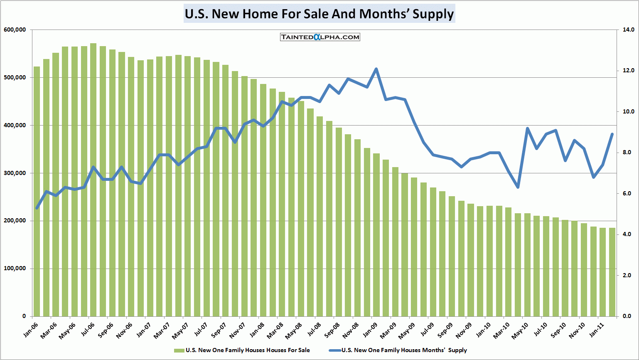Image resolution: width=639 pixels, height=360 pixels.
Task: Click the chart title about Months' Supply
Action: (319, 14)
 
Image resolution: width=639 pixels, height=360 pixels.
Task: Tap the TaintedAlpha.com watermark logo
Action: (320, 37)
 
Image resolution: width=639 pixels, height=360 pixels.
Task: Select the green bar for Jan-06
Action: (37, 191)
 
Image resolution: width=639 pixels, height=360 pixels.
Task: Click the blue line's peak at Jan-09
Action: (376, 69)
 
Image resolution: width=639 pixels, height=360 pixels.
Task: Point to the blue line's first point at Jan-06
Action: (37, 208)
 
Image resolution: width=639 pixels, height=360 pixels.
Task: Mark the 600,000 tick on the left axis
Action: (15, 30)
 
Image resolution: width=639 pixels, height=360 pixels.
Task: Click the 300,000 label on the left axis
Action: (15, 173)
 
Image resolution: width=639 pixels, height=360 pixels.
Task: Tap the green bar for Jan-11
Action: (603, 272)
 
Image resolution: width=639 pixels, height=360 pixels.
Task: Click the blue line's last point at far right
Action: (612, 134)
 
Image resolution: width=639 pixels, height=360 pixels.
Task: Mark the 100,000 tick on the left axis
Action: (15, 269)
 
